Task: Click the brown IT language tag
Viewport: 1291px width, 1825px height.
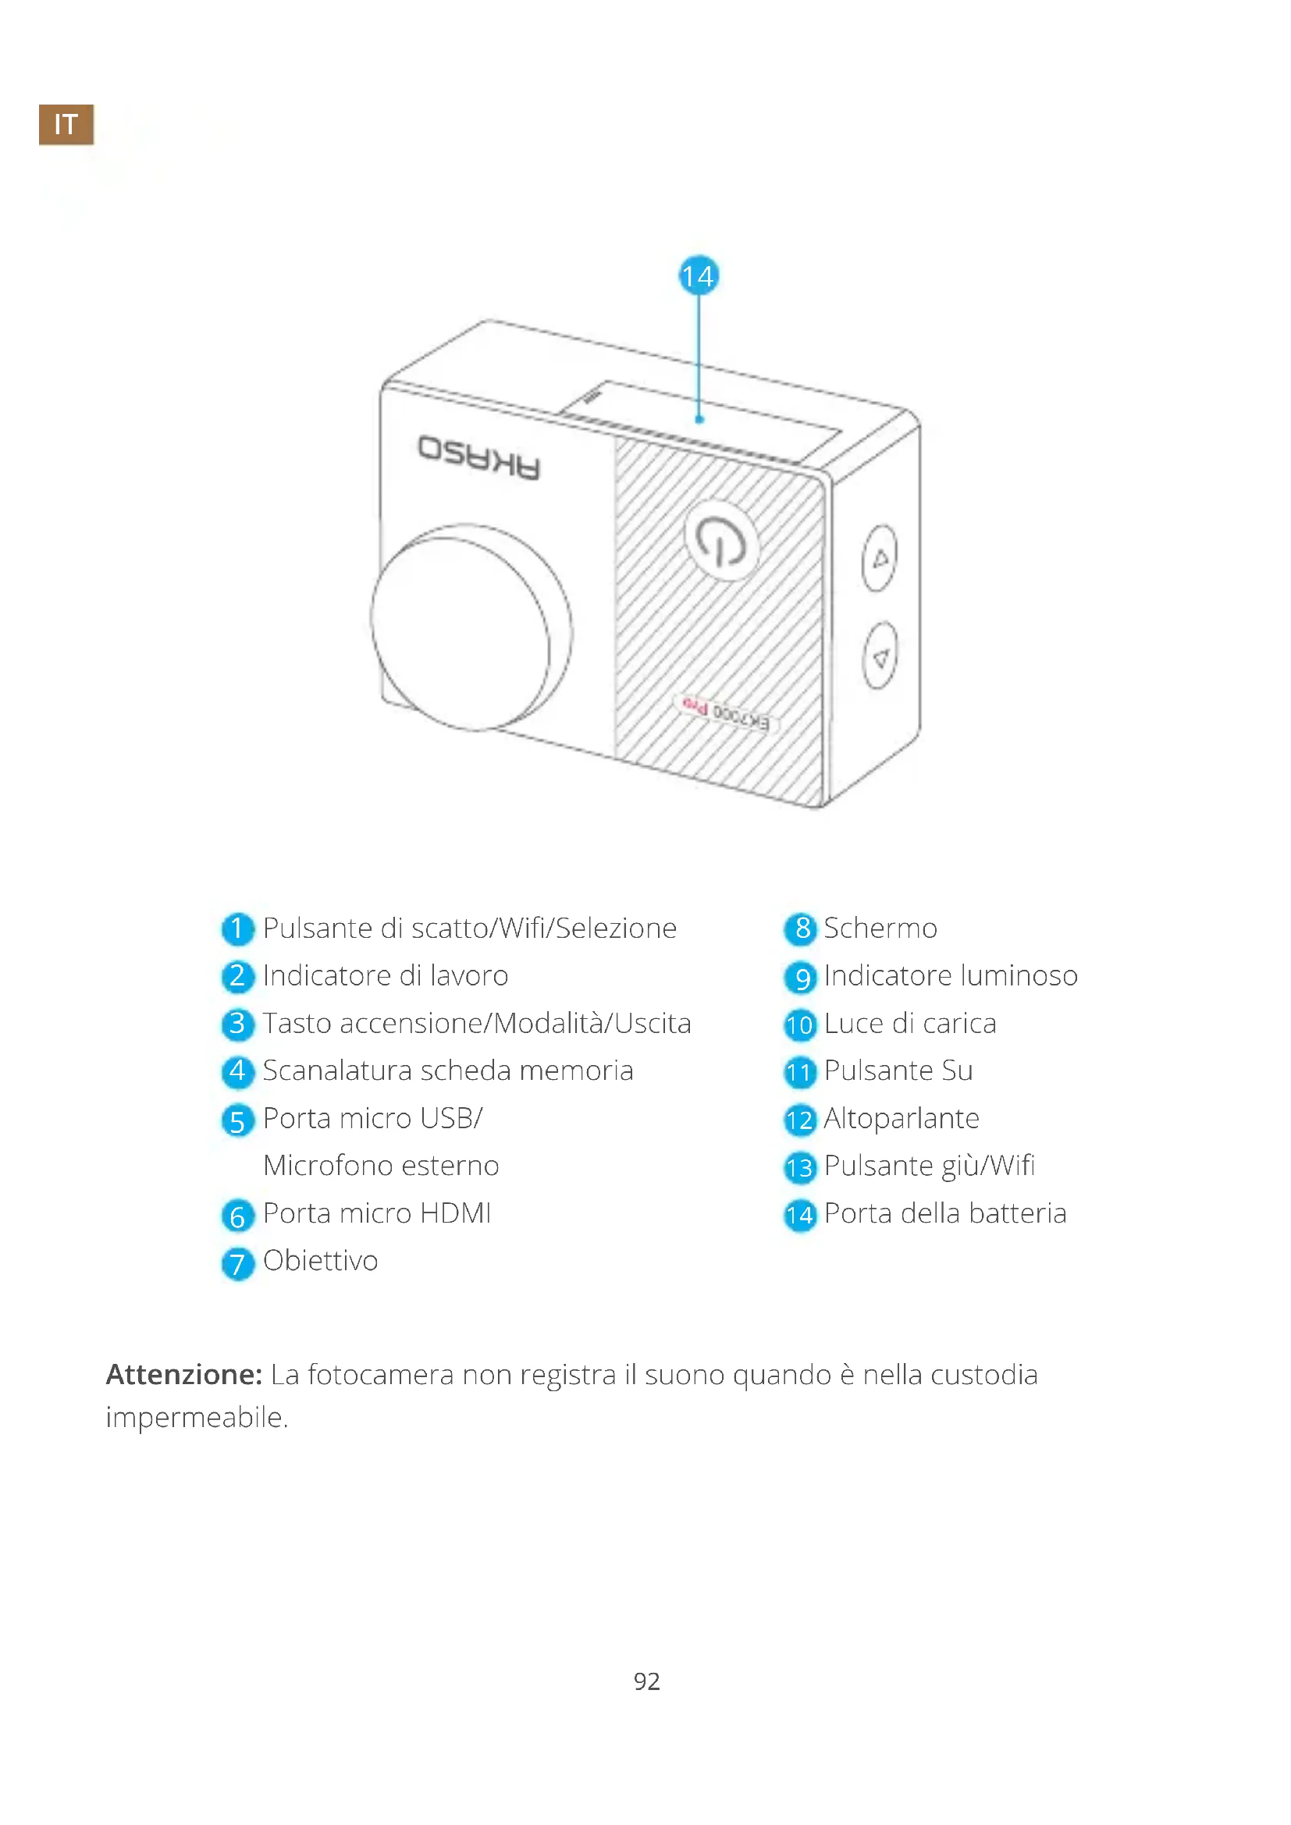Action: pyautogui.click(x=66, y=123)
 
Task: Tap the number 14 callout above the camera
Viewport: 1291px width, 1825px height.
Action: pyautogui.click(x=698, y=275)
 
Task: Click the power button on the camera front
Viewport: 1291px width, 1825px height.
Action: pyautogui.click(x=721, y=541)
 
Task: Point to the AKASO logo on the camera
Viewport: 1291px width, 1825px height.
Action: pyautogui.click(x=479, y=458)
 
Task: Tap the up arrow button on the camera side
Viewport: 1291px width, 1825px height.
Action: pyautogui.click(x=879, y=558)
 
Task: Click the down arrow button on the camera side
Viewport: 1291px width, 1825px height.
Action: pyautogui.click(x=879, y=655)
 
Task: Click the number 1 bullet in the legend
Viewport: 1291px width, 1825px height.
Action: pyautogui.click(x=238, y=928)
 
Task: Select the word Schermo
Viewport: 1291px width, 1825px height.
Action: pyautogui.click(x=880, y=928)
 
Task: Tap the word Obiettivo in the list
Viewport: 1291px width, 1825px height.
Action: pyautogui.click(x=320, y=1260)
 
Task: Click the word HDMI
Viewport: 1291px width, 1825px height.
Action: pyautogui.click(x=456, y=1213)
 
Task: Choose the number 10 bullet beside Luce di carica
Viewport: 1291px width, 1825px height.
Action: pyautogui.click(x=800, y=1024)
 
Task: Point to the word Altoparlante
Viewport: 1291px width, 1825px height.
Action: pyautogui.click(x=902, y=1118)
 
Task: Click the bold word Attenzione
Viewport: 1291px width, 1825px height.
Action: pyautogui.click(x=183, y=1374)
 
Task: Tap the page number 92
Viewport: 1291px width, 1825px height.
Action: pyautogui.click(x=646, y=1681)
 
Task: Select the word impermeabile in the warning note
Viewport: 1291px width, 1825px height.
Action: pyautogui.click(x=196, y=1417)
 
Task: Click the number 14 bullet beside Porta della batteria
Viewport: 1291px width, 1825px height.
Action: pyautogui.click(x=800, y=1215)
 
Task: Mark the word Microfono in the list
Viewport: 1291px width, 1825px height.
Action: pyautogui.click(x=318, y=1165)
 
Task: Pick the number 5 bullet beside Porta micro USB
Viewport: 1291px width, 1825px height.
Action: pyautogui.click(x=238, y=1120)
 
